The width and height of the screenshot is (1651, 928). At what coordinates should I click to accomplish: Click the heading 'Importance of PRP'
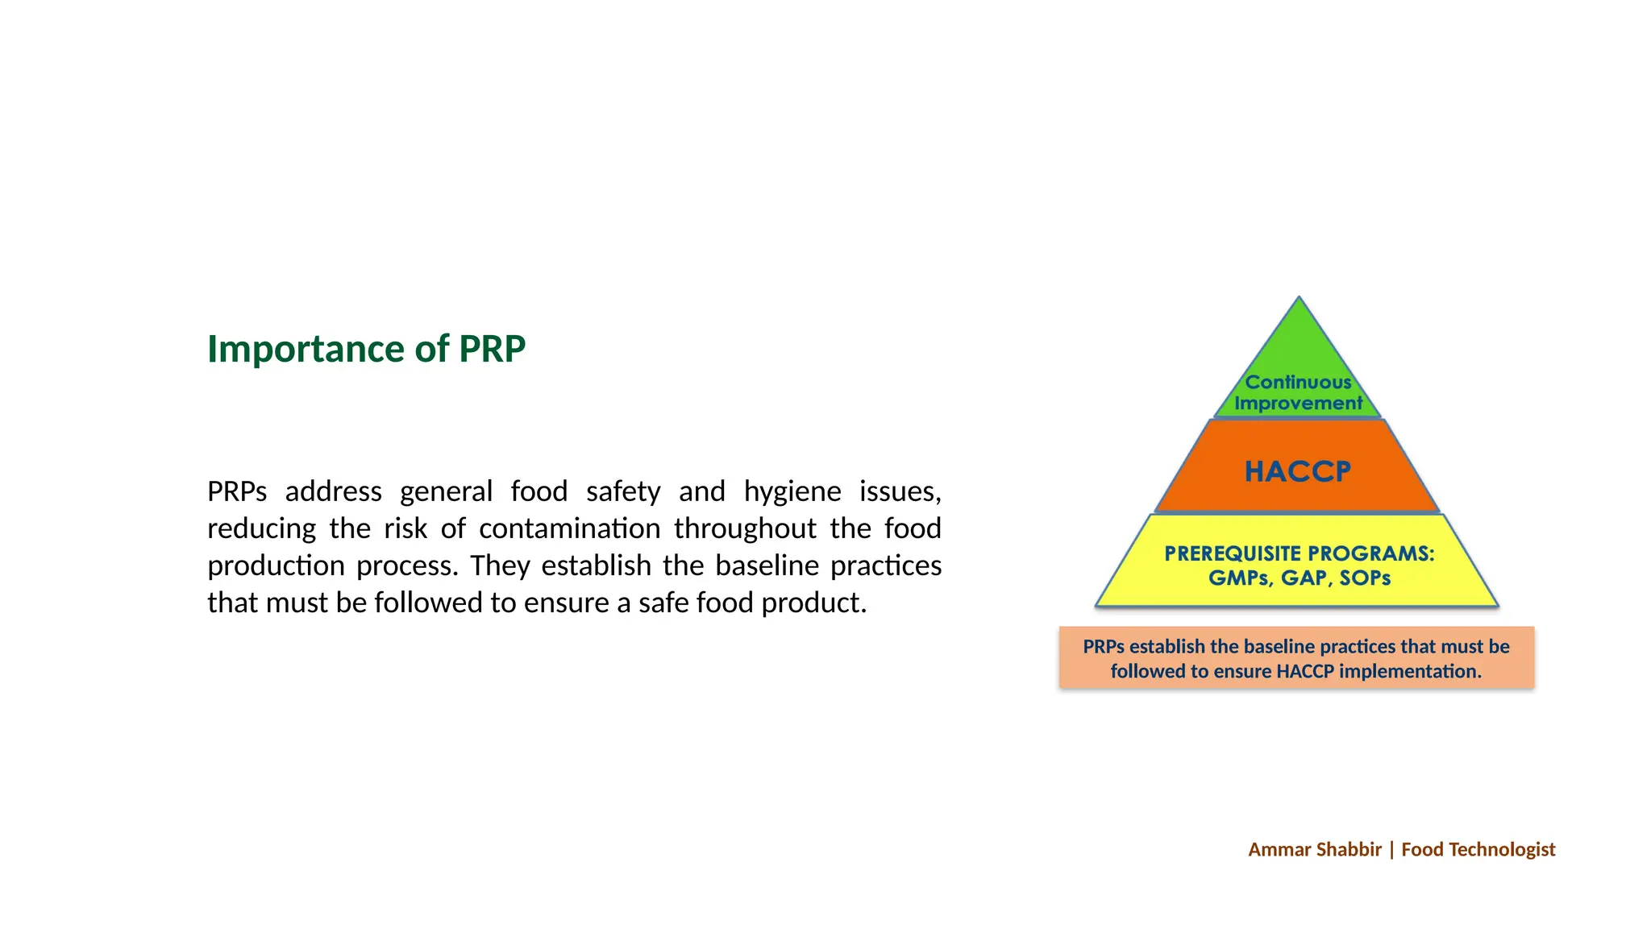366,349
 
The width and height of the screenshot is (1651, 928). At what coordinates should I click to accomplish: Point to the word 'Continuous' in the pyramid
1298,382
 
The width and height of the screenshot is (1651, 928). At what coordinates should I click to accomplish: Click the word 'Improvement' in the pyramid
1298,403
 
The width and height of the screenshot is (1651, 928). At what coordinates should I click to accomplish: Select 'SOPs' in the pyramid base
1365,578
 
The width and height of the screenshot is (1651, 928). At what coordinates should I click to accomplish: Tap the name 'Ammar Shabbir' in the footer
1314,849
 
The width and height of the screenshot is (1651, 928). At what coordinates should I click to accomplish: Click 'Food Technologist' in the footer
1478,849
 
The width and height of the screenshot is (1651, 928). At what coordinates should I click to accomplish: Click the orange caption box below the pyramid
1296,658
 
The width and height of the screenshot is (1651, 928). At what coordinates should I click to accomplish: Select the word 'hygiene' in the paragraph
792,491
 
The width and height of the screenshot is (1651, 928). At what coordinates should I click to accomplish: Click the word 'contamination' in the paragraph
569,528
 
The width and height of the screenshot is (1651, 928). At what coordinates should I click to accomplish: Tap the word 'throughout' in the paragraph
745,528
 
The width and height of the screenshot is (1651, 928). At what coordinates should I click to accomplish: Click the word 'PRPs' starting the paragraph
236,491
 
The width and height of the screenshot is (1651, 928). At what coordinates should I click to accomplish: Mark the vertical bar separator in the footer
1391,849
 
